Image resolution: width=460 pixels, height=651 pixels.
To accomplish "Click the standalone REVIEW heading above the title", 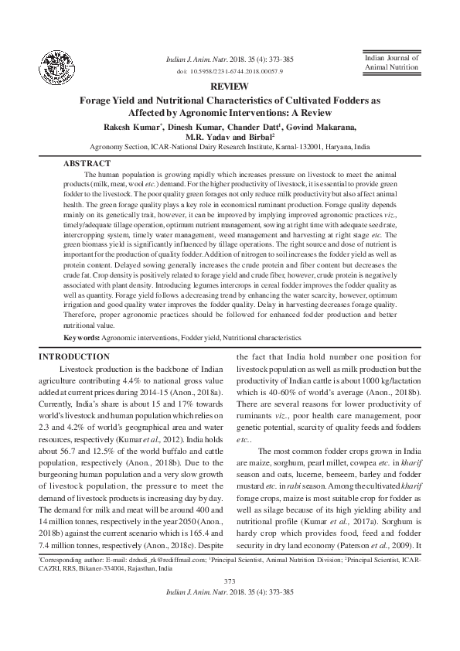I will click(x=229, y=87).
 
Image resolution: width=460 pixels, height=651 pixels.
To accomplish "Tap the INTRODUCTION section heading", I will click(x=74, y=357).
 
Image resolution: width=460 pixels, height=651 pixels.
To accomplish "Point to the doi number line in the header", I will click(x=230, y=70).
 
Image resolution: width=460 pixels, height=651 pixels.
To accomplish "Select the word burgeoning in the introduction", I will click(x=72, y=497).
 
